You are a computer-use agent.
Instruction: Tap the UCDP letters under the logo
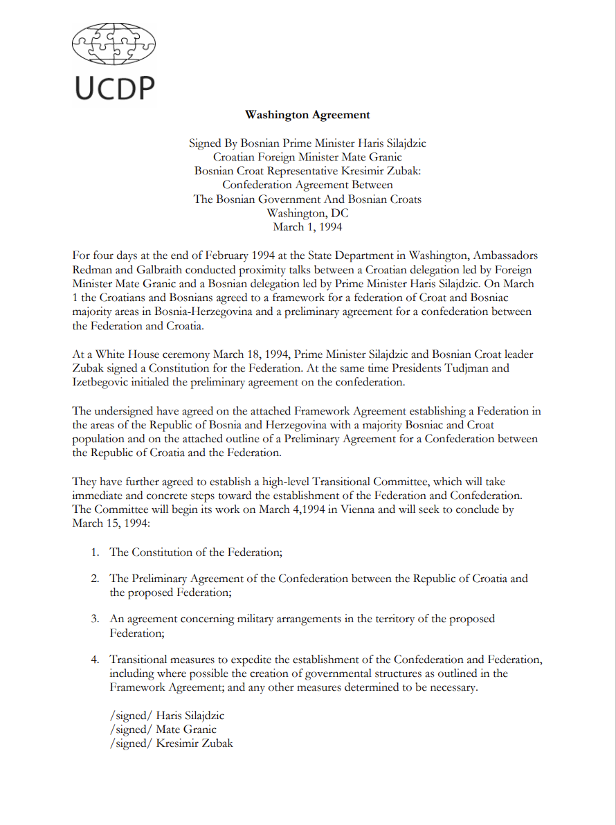point(114,89)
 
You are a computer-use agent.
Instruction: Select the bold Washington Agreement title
point(307,115)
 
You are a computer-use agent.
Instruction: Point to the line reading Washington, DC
point(307,213)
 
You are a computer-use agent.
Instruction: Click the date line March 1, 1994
point(307,227)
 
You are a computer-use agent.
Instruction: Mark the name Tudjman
point(468,368)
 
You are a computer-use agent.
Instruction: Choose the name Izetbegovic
point(105,382)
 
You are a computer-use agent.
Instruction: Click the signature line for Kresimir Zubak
point(171,743)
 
